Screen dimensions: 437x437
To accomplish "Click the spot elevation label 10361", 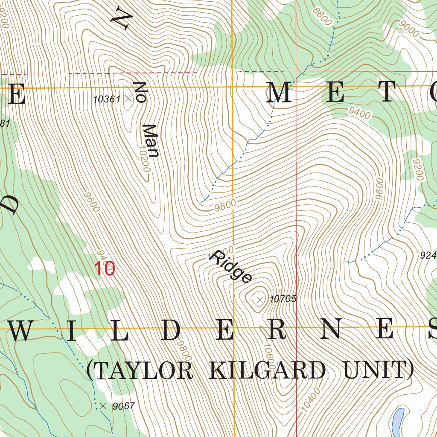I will (x=107, y=99).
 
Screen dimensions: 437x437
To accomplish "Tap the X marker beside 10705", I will (x=260, y=300).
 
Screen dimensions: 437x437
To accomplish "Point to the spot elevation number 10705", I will (x=283, y=299).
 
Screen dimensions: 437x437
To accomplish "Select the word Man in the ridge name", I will (x=150, y=141).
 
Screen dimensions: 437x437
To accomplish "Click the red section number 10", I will (x=105, y=269).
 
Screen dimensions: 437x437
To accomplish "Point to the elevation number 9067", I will (x=124, y=406).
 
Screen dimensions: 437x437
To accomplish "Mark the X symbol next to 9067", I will (x=103, y=406).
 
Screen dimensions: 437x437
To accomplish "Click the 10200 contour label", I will (x=144, y=158).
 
